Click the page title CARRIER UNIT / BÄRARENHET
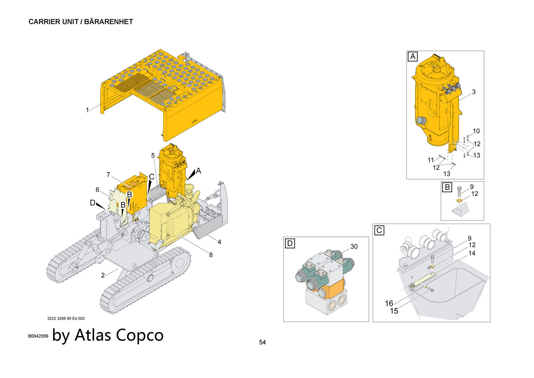coord(81,22)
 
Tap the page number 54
coord(262,342)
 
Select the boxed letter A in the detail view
coord(413,57)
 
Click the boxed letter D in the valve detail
coord(290,244)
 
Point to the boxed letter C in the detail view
coord(379,230)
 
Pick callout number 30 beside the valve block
coord(354,246)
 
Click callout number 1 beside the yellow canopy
coord(87,110)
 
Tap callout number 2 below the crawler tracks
coord(103,275)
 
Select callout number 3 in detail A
coord(474,92)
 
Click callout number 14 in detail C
coord(472,253)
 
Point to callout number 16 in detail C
coord(389,303)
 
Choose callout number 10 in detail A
coord(476,131)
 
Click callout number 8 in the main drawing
coord(211,255)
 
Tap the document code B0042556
coord(38,336)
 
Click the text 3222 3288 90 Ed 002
coord(66,318)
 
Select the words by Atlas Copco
coord(108,335)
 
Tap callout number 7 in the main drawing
coord(108,175)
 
